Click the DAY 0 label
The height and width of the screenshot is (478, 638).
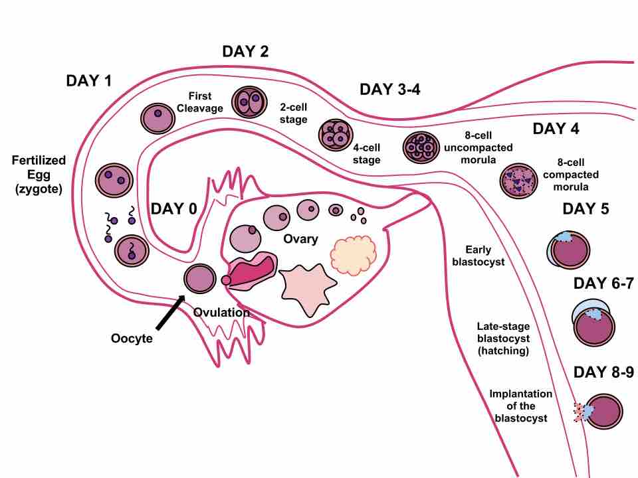tap(174, 208)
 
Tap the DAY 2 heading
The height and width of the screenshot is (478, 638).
tap(245, 52)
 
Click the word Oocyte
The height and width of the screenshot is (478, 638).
tap(132, 339)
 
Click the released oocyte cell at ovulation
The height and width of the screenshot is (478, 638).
tap(200, 279)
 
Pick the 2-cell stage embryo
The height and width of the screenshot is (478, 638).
tap(249, 103)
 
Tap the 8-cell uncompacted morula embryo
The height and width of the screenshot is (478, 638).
tap(421, 147)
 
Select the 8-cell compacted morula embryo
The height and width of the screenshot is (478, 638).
tap(518, 179)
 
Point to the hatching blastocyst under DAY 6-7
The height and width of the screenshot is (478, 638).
tap(591, 321)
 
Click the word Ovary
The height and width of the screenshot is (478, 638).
tap(300, 239)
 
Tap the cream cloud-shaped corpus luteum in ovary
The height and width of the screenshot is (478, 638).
tap(354, 254)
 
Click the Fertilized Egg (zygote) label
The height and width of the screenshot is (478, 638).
tap(39, 175)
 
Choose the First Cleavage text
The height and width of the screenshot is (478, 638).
tap(200, 102)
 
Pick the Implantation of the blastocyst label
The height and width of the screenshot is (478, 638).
tap(520, 405)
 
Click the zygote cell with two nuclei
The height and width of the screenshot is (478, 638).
tap(114, 179)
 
